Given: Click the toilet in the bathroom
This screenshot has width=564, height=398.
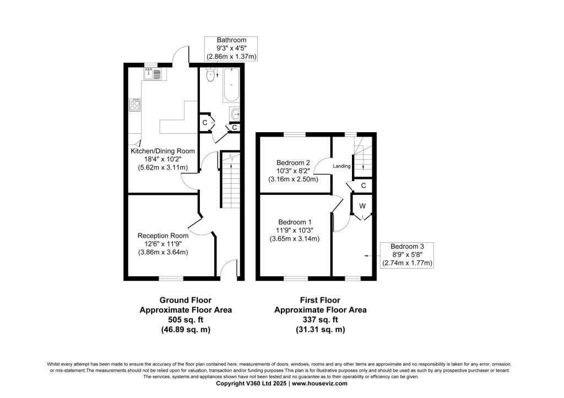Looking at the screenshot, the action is [211, 74].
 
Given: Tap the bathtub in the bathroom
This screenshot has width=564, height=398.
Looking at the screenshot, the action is [231, 84].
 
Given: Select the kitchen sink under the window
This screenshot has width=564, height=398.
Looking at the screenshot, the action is [153, 74].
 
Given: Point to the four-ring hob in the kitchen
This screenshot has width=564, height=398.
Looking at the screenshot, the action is [135, 105].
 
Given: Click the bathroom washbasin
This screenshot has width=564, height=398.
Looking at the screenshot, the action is [235, 114].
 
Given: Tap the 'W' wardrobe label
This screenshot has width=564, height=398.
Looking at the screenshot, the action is [362, 206].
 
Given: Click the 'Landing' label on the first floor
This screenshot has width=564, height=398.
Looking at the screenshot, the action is [341, 166].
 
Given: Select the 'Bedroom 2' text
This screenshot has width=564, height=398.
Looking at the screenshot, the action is [293, 162].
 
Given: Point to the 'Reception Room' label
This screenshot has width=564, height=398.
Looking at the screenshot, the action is [163, 236].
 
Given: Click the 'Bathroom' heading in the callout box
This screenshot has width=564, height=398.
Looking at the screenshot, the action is [231, 40].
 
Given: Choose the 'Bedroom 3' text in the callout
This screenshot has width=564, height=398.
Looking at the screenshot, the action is [407, 247].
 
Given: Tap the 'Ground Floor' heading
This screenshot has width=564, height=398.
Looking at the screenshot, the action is [186, 300].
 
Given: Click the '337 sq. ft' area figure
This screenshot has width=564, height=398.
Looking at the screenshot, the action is [321, 320].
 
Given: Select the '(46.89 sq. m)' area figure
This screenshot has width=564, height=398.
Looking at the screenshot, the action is [186, 329].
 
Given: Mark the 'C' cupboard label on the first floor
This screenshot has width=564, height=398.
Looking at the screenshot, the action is [364, 186].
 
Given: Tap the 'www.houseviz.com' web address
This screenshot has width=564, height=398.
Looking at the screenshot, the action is [319, 383].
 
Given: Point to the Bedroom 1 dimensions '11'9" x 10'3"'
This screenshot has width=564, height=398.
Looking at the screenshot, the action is [295, 231].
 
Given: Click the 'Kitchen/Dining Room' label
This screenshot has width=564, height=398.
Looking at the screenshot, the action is [162, 151].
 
